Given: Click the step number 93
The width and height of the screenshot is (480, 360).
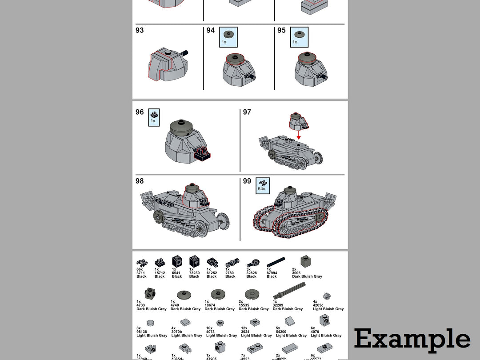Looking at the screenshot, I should (140, 30).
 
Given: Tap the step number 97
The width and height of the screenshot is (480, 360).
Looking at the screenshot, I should (247, 112).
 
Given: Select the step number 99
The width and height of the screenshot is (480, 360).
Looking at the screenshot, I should (247, 181).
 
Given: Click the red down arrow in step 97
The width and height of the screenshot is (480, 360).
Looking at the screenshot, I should (299, 134).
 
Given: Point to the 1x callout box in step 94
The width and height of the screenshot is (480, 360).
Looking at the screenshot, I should (228, 37).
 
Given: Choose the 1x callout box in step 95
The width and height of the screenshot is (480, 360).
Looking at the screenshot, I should (299, 37).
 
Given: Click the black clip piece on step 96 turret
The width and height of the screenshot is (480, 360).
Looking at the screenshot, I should (203, 153).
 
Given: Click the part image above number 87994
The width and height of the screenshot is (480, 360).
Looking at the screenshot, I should (276, 262).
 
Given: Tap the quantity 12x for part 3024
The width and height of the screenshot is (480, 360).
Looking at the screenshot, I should (244, 328).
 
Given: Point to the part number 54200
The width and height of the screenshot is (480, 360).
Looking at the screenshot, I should (281, 332).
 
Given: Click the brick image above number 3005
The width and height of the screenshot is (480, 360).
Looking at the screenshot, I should (305, 260).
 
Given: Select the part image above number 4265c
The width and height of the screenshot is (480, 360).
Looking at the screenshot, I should (328, 295).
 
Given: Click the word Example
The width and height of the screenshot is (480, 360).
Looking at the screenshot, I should (412, 340).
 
